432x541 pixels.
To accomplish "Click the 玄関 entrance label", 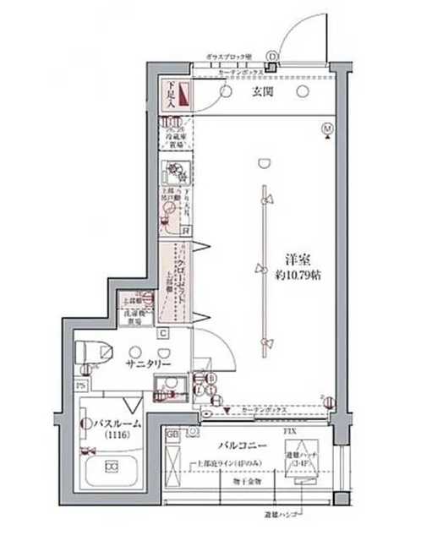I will coord(260,93).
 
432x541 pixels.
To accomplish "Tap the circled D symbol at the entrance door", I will coord(271,57).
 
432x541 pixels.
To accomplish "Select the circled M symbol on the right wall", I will coord(327,128).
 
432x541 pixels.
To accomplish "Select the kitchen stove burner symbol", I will coord(175,176).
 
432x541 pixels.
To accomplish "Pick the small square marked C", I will coord(162,333).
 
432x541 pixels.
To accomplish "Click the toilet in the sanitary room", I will coord(95,350).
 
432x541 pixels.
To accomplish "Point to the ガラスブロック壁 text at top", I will coord(229,57).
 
